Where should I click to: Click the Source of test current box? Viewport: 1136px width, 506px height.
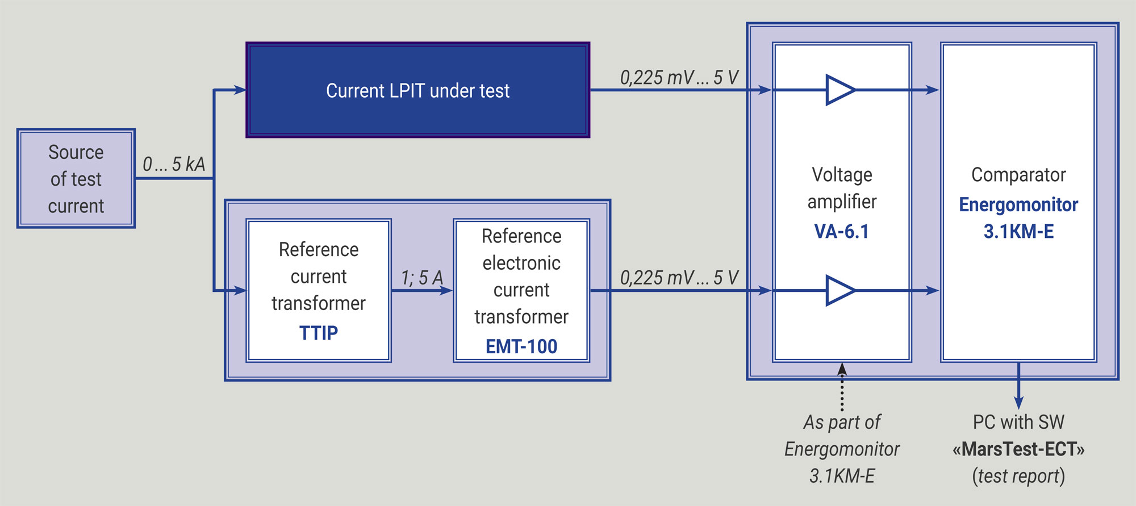(76, 178)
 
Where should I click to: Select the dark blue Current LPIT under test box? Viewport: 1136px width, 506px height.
(418, 90)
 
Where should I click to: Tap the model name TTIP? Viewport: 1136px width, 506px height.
(319, 333)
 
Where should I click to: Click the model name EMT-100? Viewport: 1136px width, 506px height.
(521, 346)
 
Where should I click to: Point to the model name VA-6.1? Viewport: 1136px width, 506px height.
(842, 231)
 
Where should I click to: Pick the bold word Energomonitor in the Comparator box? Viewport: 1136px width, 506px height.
(1018, 204)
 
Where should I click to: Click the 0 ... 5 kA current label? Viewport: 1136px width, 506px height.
(174, 164)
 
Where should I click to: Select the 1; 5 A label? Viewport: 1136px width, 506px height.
(421, 278)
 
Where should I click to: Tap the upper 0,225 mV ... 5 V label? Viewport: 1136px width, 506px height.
(679, 77)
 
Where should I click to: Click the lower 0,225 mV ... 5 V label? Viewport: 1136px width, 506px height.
(679, 278)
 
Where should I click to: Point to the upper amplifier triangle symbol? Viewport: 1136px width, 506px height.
(841, 90)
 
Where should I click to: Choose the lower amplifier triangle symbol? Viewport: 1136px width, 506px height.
(841, 290)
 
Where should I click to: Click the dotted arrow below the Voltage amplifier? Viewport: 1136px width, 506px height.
(842, 387)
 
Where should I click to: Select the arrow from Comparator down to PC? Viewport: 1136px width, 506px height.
(1018, 386)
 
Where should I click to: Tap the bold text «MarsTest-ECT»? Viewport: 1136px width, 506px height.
(1018, 449)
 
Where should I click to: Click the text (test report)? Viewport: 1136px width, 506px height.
(1018, 476)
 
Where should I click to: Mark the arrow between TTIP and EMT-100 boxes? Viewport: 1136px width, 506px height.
(422, 291)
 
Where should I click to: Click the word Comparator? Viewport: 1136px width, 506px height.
(1018, 174)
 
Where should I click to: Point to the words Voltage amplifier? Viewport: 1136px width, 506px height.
(842, 188)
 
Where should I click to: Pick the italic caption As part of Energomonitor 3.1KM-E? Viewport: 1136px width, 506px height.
(842, 449)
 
